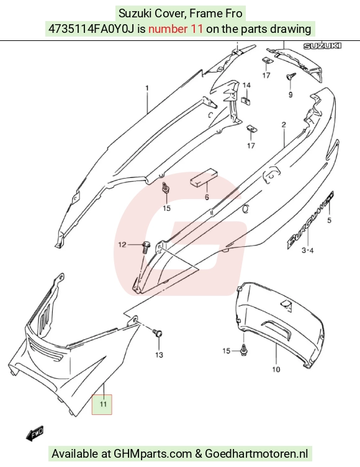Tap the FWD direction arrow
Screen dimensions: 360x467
(35, 434)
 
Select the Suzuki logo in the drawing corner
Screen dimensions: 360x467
(322, 46)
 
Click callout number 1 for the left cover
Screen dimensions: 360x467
(147, 88)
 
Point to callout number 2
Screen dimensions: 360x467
(284, 125)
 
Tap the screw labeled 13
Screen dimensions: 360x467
(157, 333)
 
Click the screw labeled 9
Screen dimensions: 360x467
(291, 76)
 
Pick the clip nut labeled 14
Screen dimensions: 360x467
(246, 100)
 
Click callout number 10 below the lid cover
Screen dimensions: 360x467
(276, 369)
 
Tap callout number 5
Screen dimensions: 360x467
(330, 220)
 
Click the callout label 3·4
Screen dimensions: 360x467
(307, 250)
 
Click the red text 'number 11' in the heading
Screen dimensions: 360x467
(176, 29)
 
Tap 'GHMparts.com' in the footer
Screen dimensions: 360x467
(153, 453)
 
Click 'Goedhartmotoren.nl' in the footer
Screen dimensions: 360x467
(256, 453)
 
